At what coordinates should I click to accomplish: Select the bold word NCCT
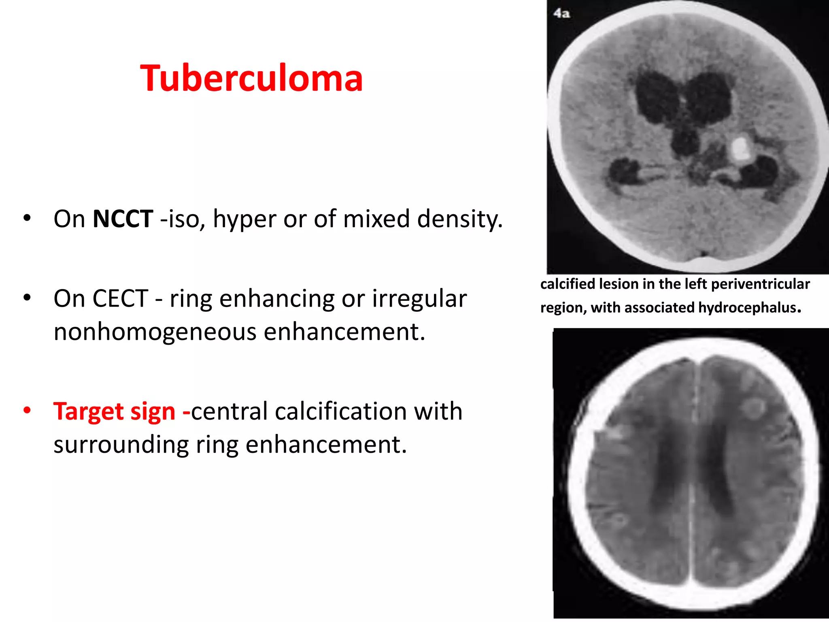123,219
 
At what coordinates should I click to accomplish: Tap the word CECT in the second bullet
120,299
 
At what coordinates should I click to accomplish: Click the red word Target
88,411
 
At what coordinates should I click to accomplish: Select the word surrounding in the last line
121,445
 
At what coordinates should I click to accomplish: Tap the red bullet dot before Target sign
27,411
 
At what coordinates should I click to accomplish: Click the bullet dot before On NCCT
27,218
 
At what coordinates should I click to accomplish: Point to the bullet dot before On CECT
27,298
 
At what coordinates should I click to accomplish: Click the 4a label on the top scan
562,13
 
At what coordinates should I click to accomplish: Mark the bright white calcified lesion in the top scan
740,148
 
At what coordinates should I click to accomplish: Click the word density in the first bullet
459,219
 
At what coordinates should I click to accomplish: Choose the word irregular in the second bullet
419,299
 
